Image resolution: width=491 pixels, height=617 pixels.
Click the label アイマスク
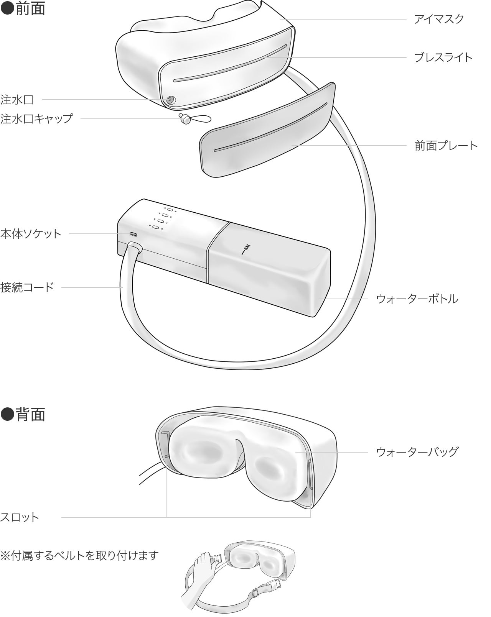click(x=438, y=19)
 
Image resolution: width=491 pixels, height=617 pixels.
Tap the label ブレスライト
click(x=443, y=57)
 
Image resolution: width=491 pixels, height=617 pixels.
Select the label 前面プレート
click(x=446, y=146)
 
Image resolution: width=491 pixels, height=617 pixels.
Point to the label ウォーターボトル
click(x=417, y=299)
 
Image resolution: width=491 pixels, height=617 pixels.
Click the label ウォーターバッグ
click(x=417, y=452)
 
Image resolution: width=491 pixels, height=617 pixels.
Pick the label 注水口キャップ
click(x=37, y=118)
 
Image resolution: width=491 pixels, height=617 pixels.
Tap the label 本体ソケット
click(x=31, y=234)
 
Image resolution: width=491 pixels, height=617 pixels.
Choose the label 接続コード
click(x=27, y=287)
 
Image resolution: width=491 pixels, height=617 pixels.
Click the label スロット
click(x=19, y=517)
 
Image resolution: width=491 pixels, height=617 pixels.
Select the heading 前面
click(x=23, y=8)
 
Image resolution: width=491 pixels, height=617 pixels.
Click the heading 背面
click(x=23, y=415)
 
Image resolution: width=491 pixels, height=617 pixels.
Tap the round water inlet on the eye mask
click(x=171, y=100)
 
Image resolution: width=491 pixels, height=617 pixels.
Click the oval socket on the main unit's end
click(x=133, y=234)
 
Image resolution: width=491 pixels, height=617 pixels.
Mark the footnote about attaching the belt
click(x=79, y=555)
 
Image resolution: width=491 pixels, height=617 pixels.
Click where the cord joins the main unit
click(x=134, y=248)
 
